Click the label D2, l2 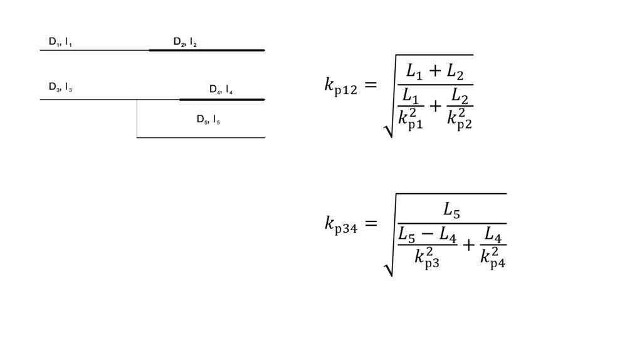(185, 43)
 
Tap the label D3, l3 (60, 87)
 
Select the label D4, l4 (221, 90)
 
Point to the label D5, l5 (208, 119)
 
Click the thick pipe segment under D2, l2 (207, 50)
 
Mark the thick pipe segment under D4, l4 (222, 99)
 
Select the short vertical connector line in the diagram (137, 119)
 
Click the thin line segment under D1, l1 (94, 50)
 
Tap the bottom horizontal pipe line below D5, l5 (201, 137)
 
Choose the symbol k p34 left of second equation (340, 223)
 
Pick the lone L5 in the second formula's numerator (451, 211)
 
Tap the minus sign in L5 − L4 (428, 236)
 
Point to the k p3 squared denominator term (427, 257)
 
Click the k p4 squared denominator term (493, 257)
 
